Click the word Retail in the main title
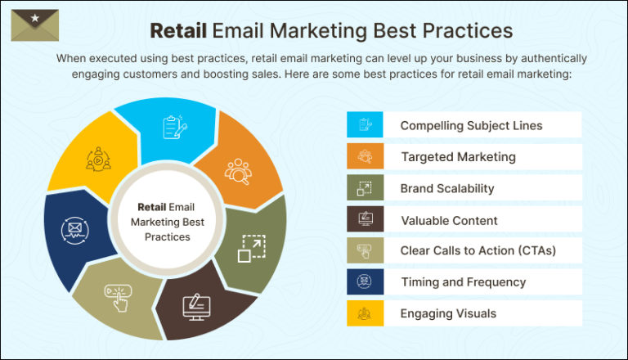177,30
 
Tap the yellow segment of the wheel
92,157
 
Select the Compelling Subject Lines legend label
471,125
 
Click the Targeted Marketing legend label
458,156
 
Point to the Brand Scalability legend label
446,188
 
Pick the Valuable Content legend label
449,219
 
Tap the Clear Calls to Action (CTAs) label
478,250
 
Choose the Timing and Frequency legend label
462,281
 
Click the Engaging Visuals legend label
447,313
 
